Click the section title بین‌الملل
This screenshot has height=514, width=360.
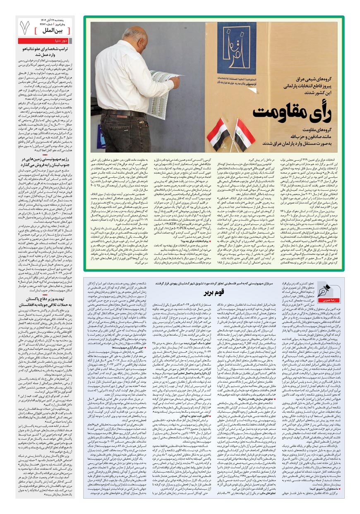[x=52, y=31]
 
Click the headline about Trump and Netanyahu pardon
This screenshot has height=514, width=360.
[x=47, y=51]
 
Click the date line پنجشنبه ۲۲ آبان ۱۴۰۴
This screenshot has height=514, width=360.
[x=53, y=19]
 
